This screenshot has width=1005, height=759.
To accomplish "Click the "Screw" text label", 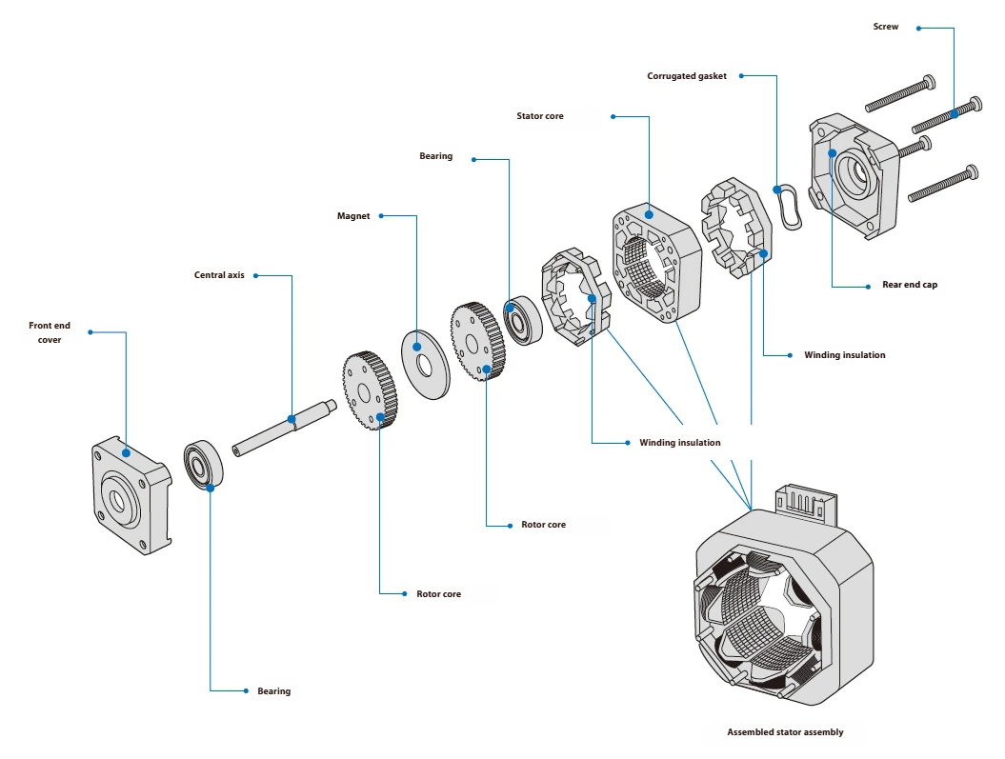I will (x=885, y=27).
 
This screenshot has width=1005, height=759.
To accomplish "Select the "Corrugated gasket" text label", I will (x=687, y=76).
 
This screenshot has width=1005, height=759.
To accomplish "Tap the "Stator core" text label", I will (x=539, y=116).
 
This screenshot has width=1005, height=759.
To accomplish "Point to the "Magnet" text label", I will (x=353, y=216).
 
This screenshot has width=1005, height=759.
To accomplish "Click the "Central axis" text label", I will (x=219, y=275).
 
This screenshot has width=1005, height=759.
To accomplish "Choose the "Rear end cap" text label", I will (x=909, y=285).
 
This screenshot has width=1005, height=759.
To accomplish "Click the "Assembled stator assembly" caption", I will (x=785, y=732).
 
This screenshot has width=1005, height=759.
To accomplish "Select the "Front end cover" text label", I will (x=49, y=332).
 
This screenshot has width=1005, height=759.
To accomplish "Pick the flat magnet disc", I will (x=427, y=364).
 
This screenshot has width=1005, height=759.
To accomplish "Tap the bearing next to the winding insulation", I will (x=522, y=322).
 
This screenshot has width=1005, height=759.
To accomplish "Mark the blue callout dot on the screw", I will (x=954, y=114).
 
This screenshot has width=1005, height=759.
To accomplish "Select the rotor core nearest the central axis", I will (x=370, y=390).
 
